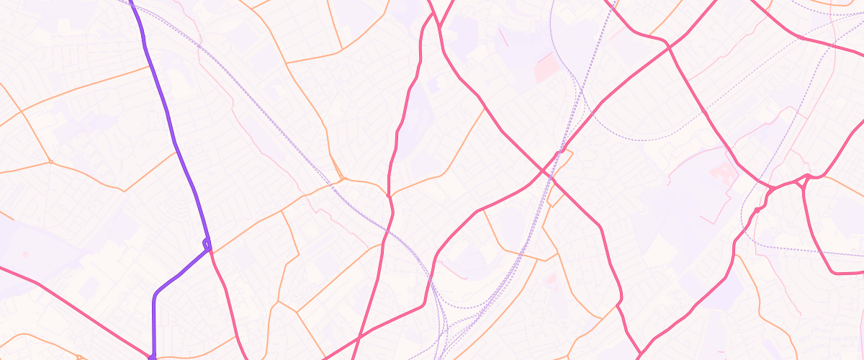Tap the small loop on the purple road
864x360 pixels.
[207, 244]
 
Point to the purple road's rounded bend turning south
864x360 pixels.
[156, 294]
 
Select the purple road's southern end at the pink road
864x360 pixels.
[153, 356]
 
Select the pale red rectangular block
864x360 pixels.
[546, 67]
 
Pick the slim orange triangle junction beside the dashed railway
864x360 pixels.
[340, 176]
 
